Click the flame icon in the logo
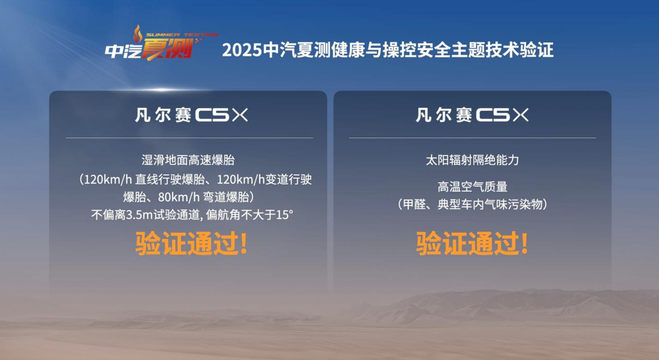point(138,33)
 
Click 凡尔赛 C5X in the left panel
point(191,115)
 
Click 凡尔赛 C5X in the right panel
point(472,115)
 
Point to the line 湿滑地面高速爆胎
point(188,160)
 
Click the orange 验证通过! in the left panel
point(191,243)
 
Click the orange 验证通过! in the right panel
point(472,243)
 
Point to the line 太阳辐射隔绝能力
point(472,160)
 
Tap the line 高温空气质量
point(472,187)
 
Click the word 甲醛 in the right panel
point(414,204)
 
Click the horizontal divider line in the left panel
point(190,138)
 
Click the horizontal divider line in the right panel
point(472,138)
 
